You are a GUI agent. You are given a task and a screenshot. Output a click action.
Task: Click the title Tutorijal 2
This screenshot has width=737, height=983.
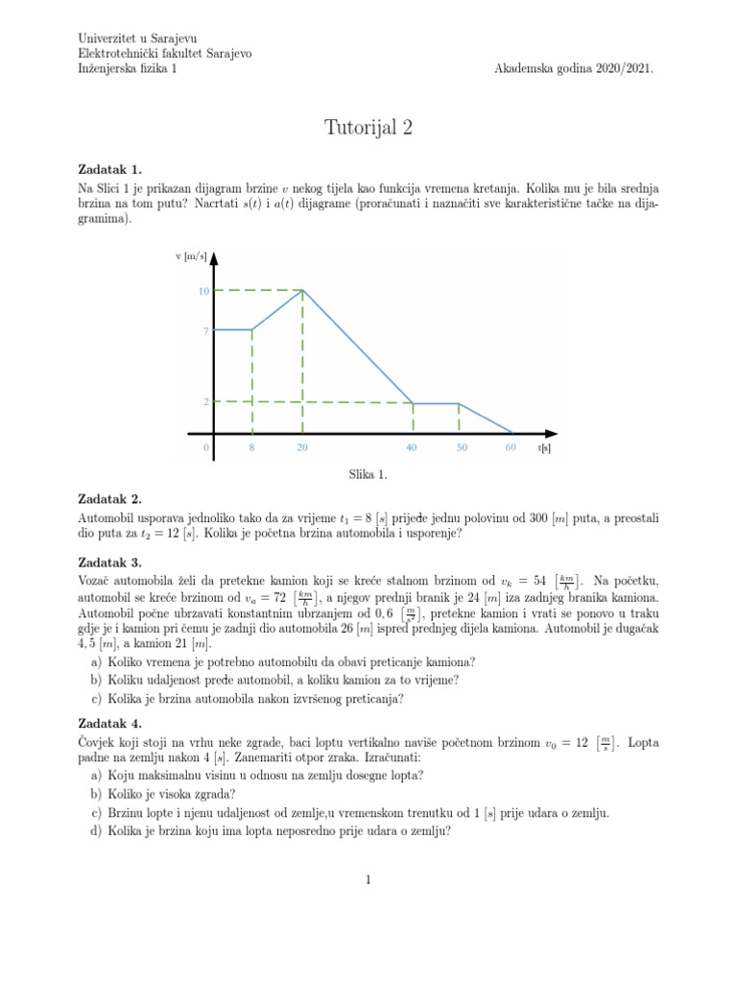(x=368, y=127)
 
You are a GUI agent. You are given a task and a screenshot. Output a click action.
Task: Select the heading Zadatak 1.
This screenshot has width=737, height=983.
(x=108, y=170)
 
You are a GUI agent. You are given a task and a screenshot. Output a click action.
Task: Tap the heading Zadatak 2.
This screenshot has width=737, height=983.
(x=108, y=499)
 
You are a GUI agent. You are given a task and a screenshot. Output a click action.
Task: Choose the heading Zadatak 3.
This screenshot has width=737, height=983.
(x=108, y=563)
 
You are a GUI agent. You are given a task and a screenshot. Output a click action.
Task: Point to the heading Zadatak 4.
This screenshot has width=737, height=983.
(x=108, y=724)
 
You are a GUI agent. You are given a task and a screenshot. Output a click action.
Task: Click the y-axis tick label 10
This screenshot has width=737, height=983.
(x=203, y=291)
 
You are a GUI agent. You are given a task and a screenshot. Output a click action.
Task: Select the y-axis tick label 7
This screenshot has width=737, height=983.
(x=205, y=331)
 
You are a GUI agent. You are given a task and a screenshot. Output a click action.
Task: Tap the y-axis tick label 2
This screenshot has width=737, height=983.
(x=205, y=402)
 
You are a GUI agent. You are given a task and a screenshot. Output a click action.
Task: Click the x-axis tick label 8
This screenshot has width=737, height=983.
(x=251, y=448)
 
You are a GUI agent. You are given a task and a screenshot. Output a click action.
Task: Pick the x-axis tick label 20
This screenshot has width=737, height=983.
(x=302, y=448)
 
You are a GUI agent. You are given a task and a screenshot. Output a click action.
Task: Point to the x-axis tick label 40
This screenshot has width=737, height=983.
(x=413, y=448)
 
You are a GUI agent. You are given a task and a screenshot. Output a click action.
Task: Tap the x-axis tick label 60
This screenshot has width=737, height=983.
(x=511, y=448)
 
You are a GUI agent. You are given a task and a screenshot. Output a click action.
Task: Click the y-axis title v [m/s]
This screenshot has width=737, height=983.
(x=191, y=256)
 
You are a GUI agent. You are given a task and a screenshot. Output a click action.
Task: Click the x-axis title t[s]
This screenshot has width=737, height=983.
(x=545, y=448)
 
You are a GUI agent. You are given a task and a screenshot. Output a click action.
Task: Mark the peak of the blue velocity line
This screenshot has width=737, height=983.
(x=303, y=290)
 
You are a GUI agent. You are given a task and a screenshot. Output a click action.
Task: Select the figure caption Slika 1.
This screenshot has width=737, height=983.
(x=368, y=474)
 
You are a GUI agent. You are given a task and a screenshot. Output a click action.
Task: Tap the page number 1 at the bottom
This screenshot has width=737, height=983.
(x=368, y=879)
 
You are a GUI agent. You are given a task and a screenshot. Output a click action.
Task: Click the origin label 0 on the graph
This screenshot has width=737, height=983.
(x=205, y=448)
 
